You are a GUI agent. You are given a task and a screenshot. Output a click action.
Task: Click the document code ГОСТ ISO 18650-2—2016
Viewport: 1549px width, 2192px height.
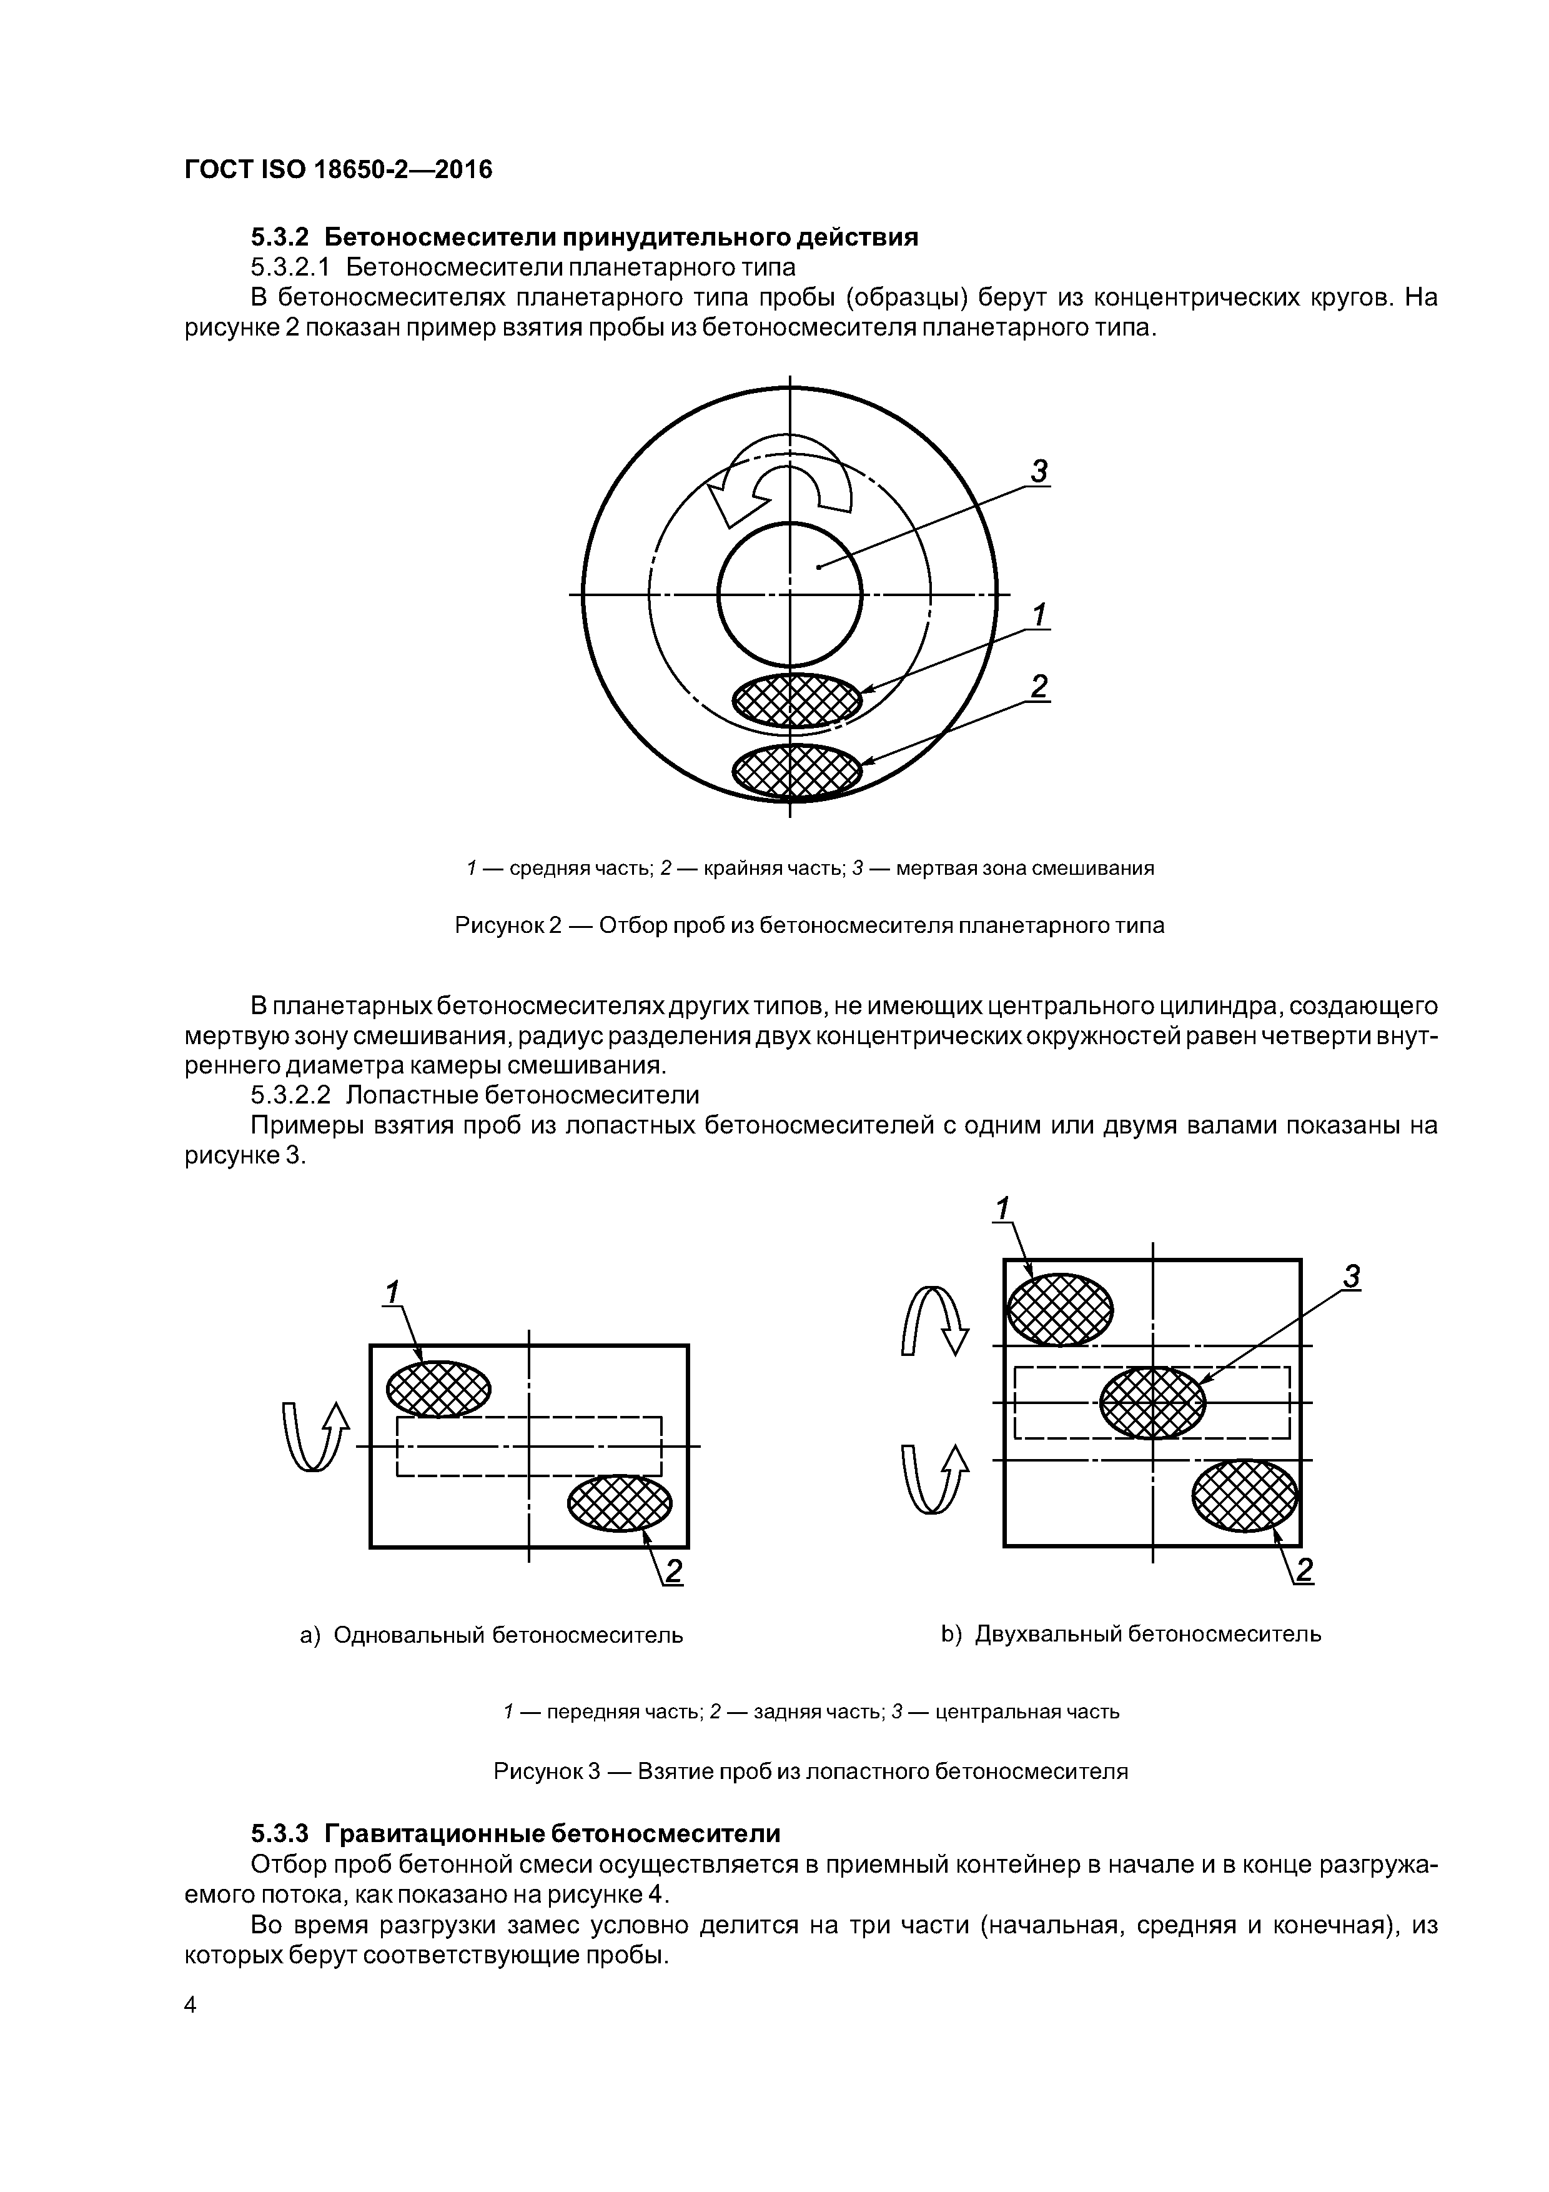point(338,170)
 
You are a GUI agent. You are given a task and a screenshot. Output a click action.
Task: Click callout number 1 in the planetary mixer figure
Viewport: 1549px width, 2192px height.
point(1039,615)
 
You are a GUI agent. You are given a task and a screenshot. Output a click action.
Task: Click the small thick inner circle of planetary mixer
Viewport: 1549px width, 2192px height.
point(790,595)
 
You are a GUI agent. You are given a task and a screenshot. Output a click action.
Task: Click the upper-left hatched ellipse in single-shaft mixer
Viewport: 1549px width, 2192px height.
point(438,1388)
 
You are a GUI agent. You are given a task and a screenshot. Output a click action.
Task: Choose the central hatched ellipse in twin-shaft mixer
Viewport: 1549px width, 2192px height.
point(1153,1402)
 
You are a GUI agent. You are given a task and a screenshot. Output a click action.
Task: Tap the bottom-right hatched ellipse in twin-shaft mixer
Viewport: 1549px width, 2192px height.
point(1245,1495)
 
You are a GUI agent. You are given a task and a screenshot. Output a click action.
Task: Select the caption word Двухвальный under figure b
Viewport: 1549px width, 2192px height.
point(1048,1633)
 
